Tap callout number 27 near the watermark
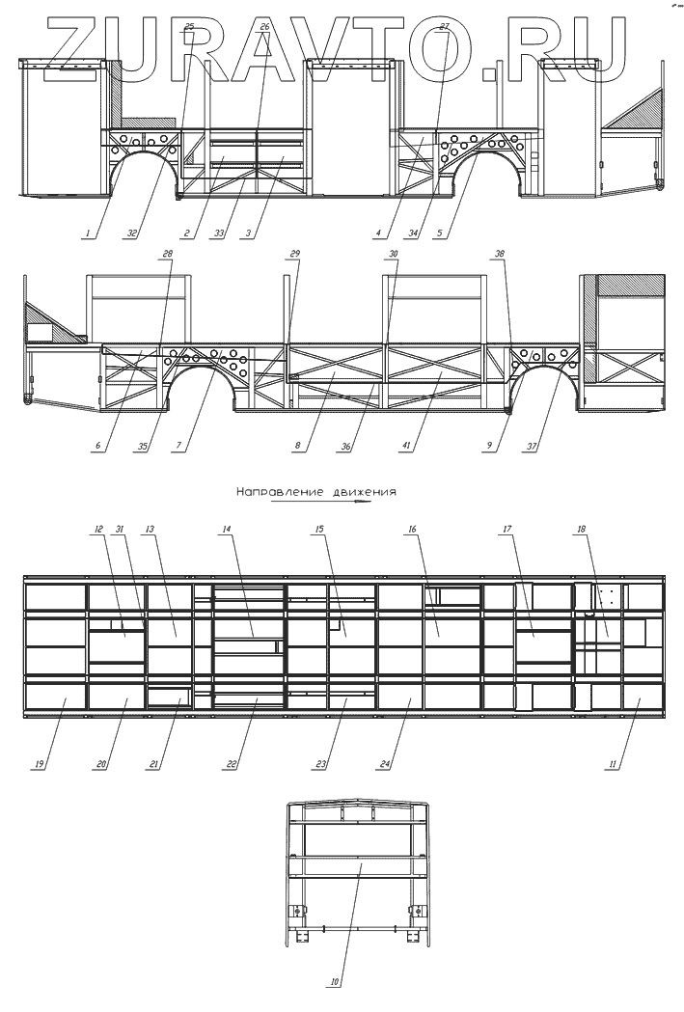click(x=444, y=26)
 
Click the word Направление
click(x=269, y=491)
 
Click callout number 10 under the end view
click(x=335, y=983)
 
